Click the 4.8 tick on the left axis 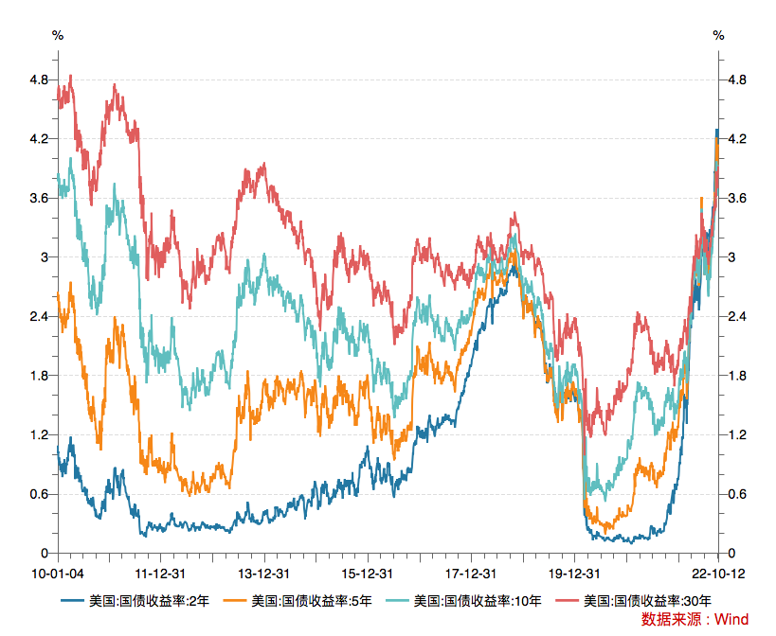[39, 80]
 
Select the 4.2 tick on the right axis [736, 139]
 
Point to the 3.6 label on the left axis [39, 198]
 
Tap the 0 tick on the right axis [729, 553]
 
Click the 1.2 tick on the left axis [39, 434]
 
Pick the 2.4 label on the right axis [736, 316]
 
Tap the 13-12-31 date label [262, 574]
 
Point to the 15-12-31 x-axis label [367, 574]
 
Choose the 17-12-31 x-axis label [471, 574]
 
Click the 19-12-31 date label [575, 574]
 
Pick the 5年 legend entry [313, 600]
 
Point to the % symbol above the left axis [58, 35]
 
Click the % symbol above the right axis [719, 35]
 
